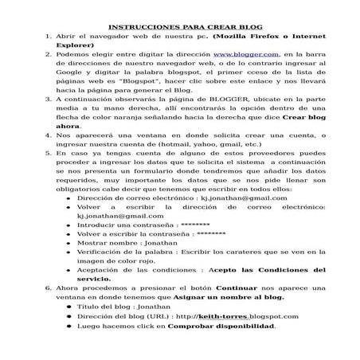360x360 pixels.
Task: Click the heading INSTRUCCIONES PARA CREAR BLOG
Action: [x=179, y=27]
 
